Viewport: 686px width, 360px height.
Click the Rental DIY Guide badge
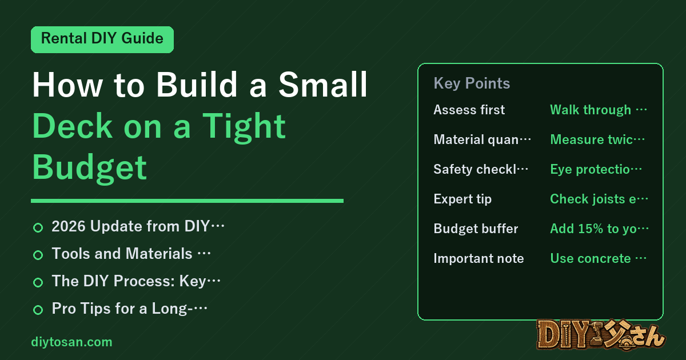point(102,39)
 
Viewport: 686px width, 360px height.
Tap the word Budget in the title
point(89,168)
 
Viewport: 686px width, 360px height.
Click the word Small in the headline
point(322,85)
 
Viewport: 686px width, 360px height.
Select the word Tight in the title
point(244,127)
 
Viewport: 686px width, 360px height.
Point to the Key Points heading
point(472,83)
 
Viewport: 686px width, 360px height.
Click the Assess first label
point(469,110)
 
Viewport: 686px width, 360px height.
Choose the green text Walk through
point(591,110)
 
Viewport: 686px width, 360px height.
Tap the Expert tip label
point(462,199)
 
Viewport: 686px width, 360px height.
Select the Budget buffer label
point(476,229)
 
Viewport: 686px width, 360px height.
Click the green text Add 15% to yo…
point(599,229)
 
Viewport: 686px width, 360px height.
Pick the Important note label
point(478,258)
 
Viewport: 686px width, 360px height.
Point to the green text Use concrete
point(591,258)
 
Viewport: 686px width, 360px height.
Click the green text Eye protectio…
point(596,169)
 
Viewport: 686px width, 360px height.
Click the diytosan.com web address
point(71,342)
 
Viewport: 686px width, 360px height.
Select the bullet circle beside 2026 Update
point(38,228)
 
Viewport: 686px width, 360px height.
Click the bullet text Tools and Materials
point(122,254)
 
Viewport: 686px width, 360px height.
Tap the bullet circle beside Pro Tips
point(38,310)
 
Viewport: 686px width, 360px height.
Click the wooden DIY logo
point(601,335)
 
